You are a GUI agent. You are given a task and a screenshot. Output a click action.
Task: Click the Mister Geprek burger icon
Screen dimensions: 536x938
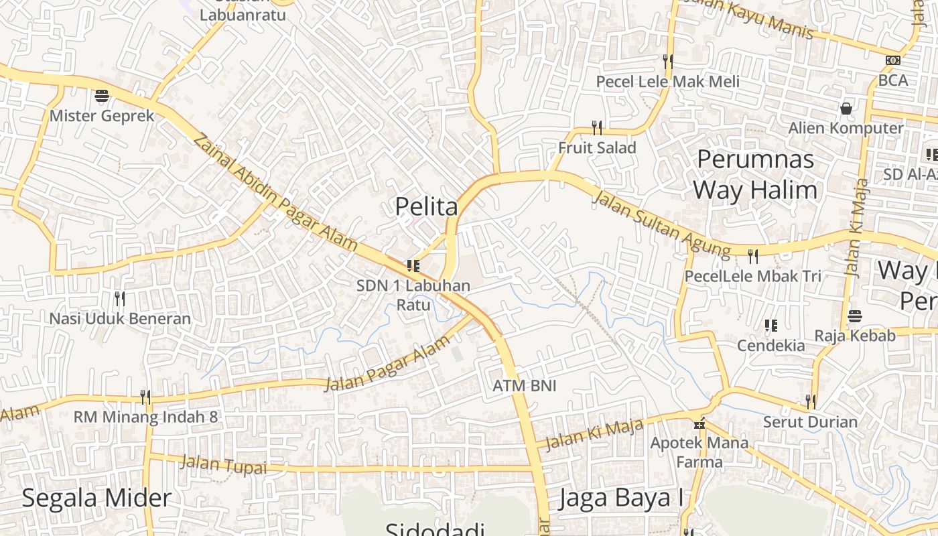pyautogui.click(x=102, y=96)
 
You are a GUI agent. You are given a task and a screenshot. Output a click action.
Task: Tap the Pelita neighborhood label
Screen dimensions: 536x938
pyautogui.click(x=427, y=206)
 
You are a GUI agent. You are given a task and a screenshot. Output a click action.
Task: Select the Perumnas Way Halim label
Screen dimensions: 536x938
pyautogui.click(x=755, y=175)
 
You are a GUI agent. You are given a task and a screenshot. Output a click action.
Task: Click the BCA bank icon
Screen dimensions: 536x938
pyautogui.click(x=892, y=60)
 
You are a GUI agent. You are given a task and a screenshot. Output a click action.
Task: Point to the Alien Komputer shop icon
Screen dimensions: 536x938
pyautogui.click(x=846, y=108)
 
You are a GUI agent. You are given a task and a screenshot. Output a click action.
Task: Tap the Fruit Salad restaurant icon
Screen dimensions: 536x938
pyautogui.click(x=597, y=127)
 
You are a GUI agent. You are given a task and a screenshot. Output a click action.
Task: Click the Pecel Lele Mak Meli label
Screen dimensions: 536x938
pyautogui.click(x=668, y=82)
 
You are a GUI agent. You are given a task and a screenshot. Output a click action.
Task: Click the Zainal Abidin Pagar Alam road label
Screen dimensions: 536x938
pyautogui.click(x=275, y=192)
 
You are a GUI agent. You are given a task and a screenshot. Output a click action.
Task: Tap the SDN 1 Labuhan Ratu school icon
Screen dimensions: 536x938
pyautogui.click(x=413, y=266)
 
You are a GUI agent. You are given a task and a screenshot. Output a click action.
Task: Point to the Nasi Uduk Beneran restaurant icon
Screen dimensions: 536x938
pyautogui.click(x=120, y=298)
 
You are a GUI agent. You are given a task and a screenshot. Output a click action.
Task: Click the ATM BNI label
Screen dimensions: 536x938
pyautogui.click(x=525, y=386)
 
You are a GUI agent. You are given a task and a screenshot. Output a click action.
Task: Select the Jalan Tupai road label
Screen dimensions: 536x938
pyautogui.click(x=224, y=464)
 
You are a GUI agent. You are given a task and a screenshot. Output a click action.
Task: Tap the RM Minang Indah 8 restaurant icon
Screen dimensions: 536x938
pyautogui.click(x=145, y=397)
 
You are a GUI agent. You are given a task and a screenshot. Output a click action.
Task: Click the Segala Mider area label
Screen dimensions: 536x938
pyautogui.click(x=96, y=498)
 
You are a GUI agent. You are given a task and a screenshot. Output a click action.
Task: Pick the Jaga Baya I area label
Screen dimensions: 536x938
pyautogui.click(x=621, y=498)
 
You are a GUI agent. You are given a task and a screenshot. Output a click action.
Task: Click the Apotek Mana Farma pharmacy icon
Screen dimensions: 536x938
pyautogui.click(x=700, y=424)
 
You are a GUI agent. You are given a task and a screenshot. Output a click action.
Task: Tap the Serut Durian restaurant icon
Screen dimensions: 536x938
pyautogui.click(x=810, y=402)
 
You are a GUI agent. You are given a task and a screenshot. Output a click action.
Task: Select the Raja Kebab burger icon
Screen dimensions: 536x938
pyautogui.click(x=855, y=316)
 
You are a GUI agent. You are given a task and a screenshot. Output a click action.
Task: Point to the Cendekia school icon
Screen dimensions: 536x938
pyautogui.click(x=771, y=326)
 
